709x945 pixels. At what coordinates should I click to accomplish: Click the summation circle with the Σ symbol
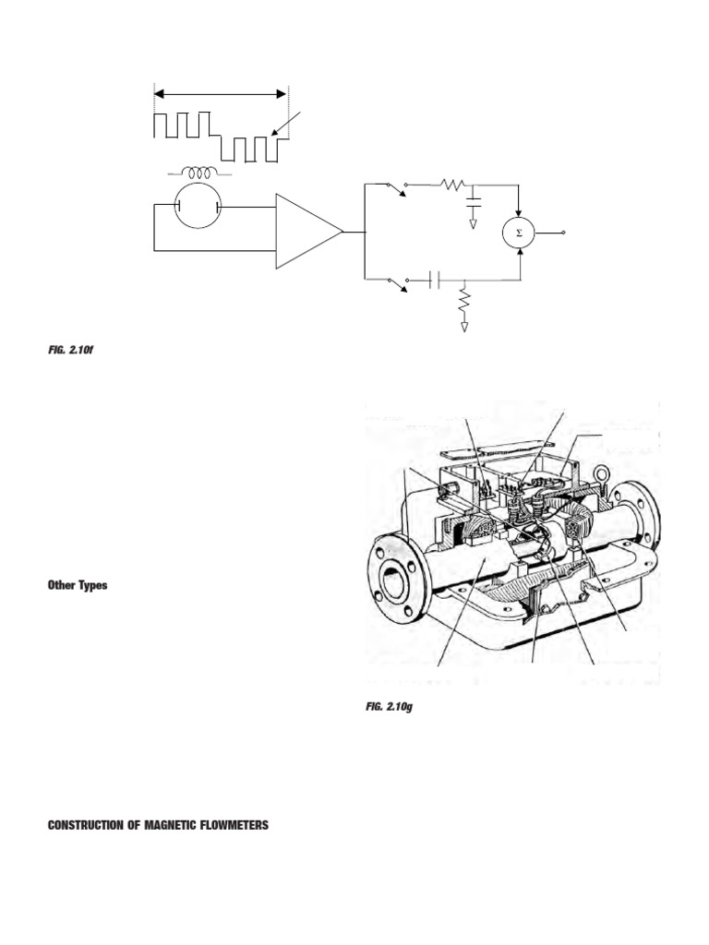tap(519, 233)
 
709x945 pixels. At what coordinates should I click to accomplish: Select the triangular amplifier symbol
tap(308, 232)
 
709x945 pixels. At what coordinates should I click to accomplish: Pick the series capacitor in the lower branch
tap(435, 278)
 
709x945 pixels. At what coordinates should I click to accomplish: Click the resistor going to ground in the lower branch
tap(464, 302)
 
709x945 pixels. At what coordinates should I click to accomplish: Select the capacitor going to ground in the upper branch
tap(474, 199)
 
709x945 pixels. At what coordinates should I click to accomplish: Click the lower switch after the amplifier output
tap(397, 281)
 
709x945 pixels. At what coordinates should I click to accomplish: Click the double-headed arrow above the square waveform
tap(221, 93)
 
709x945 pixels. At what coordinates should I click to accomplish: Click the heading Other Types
tap(78, 585)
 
